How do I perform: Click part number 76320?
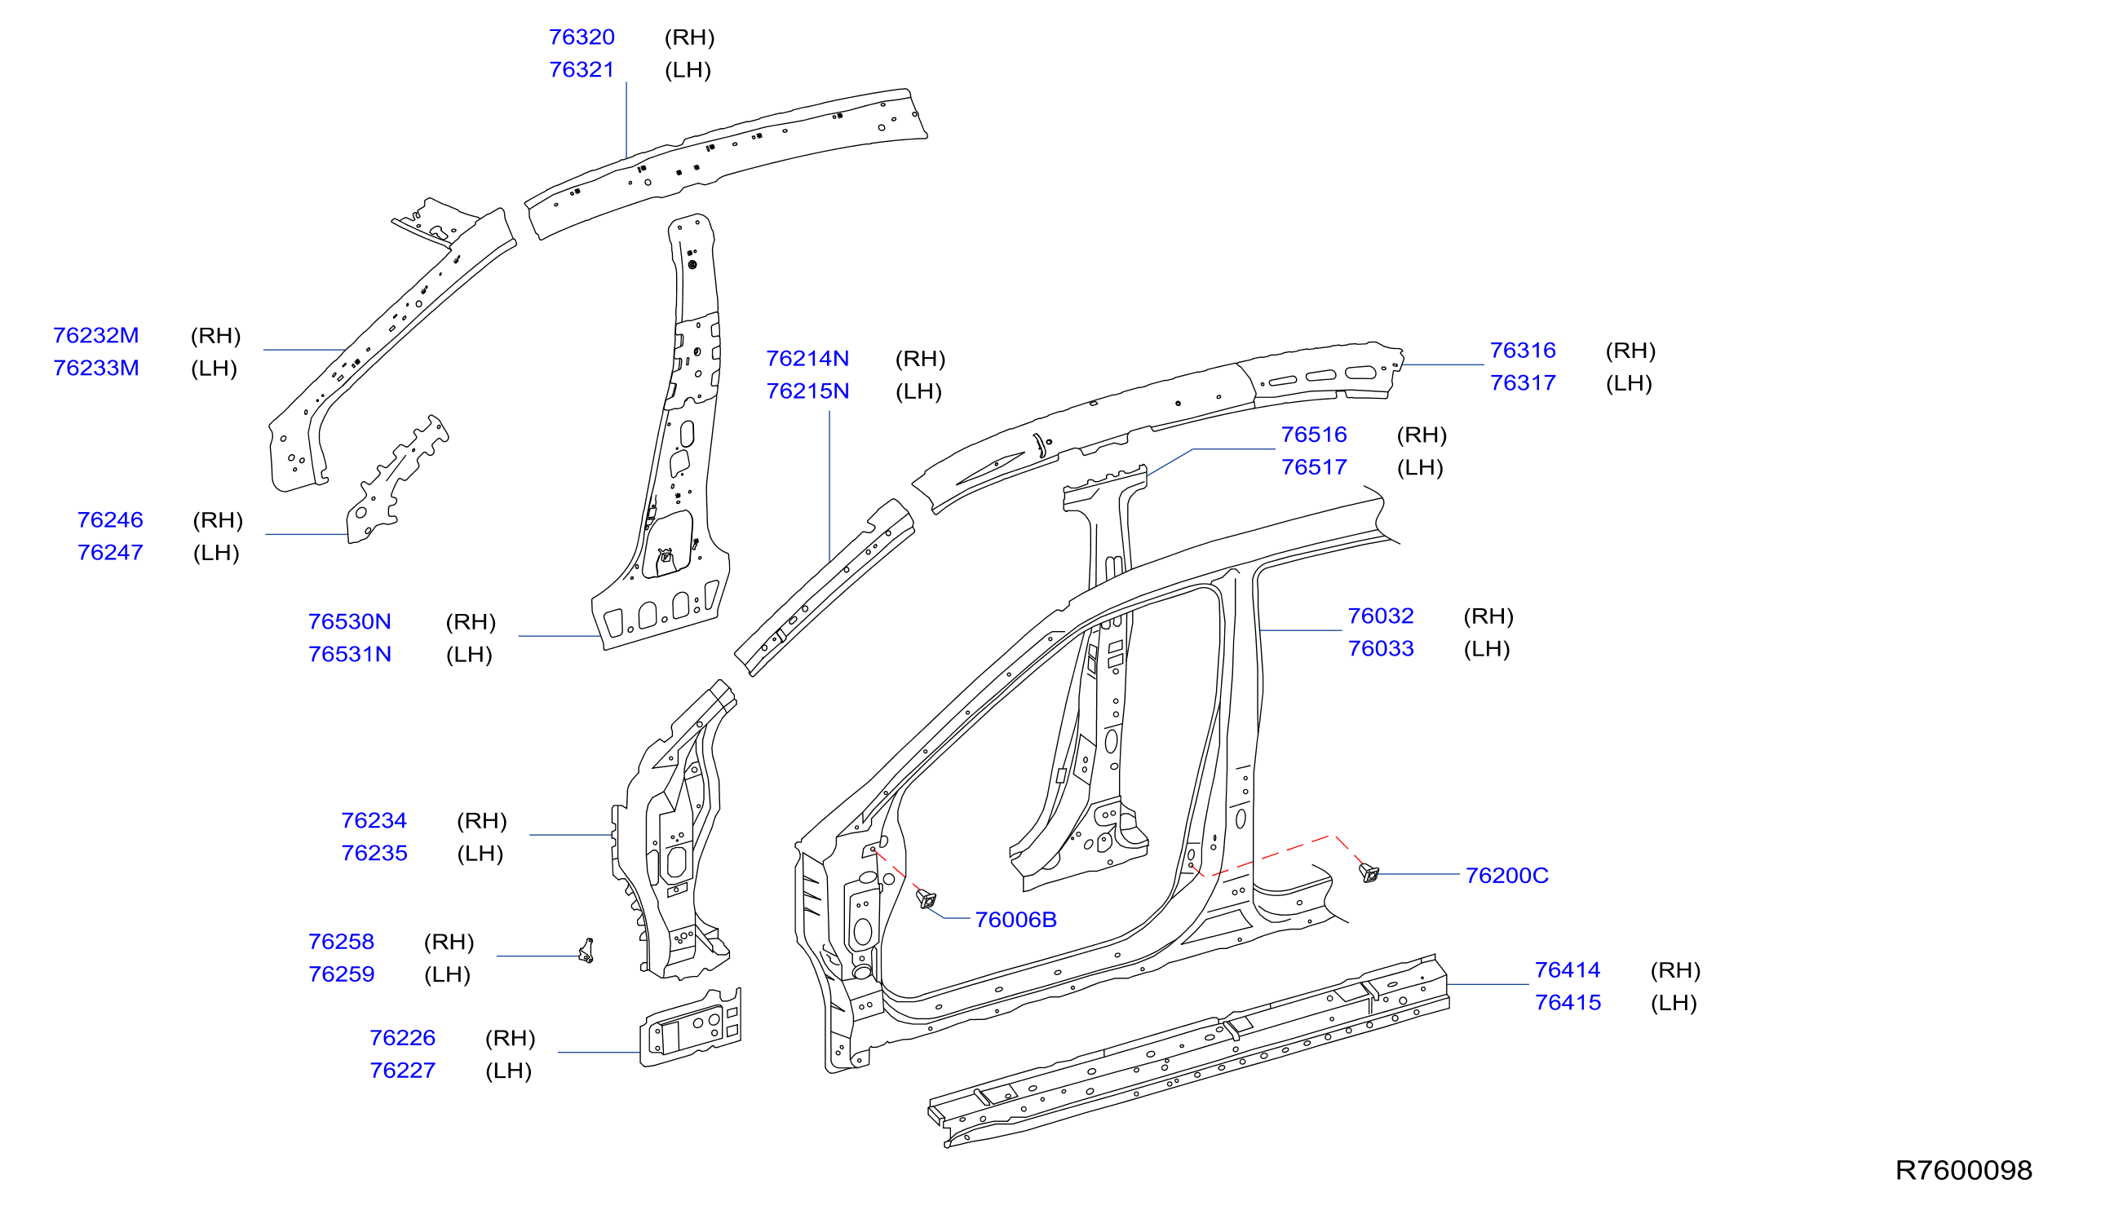581,38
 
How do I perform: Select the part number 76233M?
95,369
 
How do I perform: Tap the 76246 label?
110,520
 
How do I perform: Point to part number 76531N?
349,655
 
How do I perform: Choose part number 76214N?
807,359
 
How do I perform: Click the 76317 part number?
1522,383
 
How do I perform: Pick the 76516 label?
1313,435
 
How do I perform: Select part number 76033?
1380,649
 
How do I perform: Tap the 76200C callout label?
1506,876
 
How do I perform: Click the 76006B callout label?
1016,920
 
